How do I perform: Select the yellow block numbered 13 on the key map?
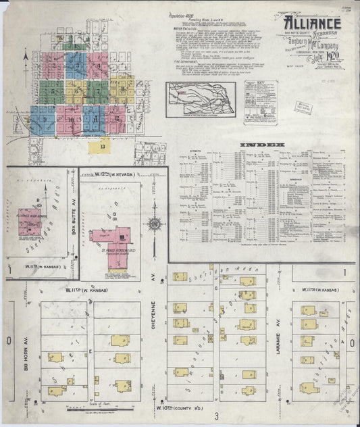103,145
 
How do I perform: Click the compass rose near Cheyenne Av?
155,224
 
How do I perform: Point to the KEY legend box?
260,102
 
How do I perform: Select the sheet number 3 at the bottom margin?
217,415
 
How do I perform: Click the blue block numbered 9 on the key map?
44,119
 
